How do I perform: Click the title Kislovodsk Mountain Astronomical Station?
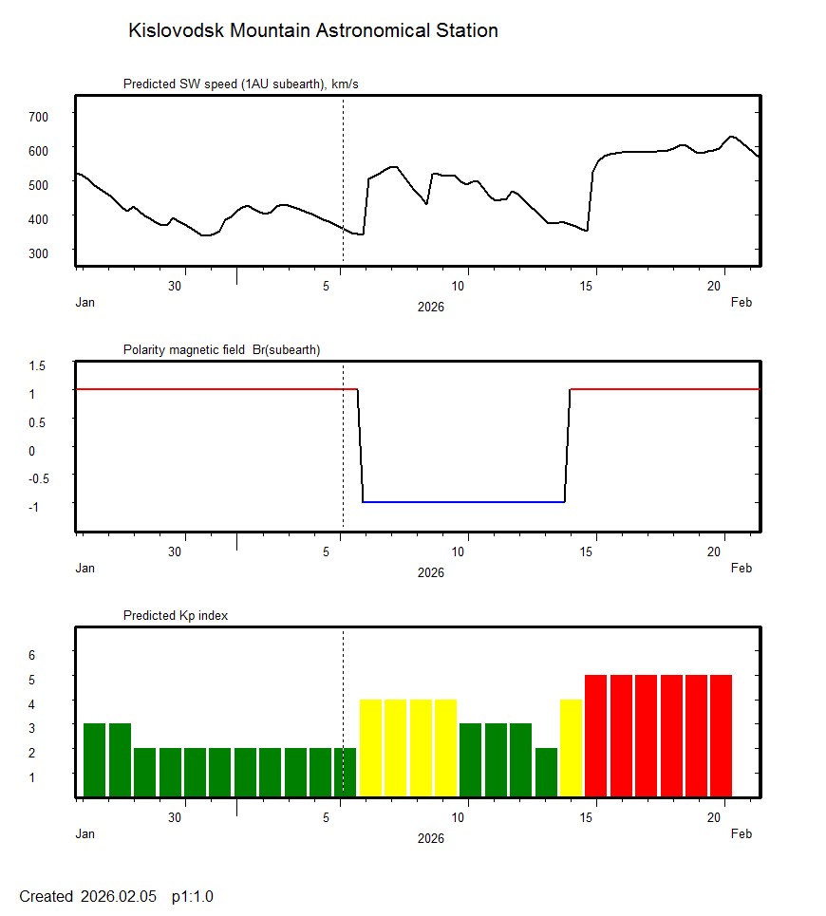tap(312, 31)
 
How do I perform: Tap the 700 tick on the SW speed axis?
tap(38, 116)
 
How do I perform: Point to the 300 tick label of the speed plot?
tap(38, 252)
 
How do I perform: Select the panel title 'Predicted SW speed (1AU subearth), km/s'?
tap(240, 84)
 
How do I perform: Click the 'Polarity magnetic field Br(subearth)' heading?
tap(221, 350)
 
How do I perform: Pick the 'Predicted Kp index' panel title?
tap(176, 616)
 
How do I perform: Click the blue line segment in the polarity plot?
tap(463, 501)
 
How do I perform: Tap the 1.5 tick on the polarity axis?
tap(38, 365)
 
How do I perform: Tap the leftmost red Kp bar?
tap(595, 735)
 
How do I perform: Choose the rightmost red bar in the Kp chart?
tap(721, 735)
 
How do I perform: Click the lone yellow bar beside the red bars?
tap(571, 747)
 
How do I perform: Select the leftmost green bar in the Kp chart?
tap(94, 759)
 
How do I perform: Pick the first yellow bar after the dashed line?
tap(370, 747)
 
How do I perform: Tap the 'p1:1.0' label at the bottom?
tap(193, 897)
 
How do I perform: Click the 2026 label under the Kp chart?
tap(430, 838)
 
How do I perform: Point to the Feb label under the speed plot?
tap(741, 303)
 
